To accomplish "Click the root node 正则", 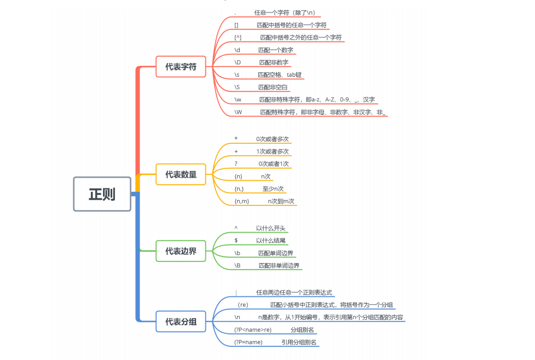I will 102,194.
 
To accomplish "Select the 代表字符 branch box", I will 181,67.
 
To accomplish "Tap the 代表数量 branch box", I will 181,175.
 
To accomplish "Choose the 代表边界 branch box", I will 181,251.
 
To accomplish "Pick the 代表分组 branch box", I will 181,322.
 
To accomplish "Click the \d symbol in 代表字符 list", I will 237,50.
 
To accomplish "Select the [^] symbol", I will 238,38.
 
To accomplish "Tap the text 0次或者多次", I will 272,139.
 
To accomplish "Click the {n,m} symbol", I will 241,201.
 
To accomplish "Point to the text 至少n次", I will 273,188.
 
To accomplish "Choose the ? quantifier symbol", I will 236,163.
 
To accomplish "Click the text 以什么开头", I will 271,228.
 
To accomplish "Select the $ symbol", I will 236,240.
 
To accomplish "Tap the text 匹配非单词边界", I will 279,265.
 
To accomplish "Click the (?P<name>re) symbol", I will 253,330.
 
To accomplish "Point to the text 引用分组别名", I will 299,342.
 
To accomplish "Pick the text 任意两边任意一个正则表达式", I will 294,292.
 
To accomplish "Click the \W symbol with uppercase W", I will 238,112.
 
